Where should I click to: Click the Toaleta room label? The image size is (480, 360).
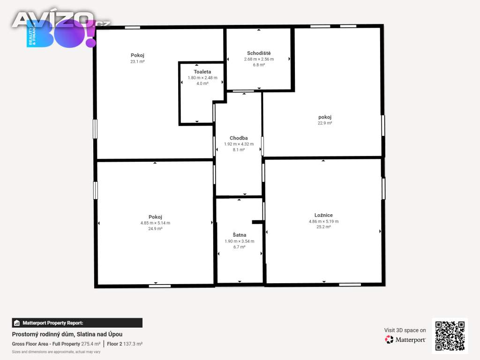point(202,72)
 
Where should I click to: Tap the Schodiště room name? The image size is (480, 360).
point(259,53)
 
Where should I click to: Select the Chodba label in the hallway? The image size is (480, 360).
point(239,138)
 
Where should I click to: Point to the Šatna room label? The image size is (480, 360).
point(240,235)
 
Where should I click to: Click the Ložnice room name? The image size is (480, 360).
point(323,215)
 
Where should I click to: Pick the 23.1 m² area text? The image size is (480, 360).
point(137,61)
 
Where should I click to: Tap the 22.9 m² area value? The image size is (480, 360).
point(325,123)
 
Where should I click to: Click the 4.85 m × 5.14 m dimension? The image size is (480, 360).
point(155,223)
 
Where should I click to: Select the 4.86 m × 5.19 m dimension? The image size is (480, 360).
point(323,221)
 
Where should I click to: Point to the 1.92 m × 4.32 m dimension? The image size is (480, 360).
point(239,144)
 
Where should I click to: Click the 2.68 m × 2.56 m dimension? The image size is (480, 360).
point(259,59)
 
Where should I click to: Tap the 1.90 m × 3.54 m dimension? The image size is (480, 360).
point(240,241)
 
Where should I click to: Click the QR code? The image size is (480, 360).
point(450,336)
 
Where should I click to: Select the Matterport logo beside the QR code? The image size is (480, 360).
point(405,339)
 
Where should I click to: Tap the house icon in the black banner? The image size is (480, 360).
point(17,323)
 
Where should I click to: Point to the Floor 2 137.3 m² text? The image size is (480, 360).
point(125,344)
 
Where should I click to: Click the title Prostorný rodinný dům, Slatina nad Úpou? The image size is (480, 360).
point(67,334)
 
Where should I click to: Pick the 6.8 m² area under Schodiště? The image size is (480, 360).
point(259,65)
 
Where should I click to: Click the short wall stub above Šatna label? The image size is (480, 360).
point(258,222)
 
